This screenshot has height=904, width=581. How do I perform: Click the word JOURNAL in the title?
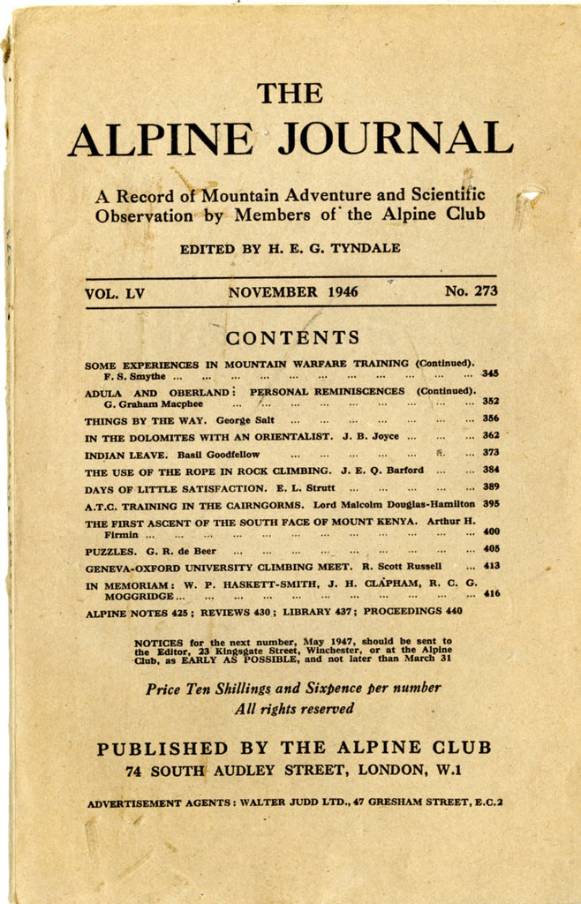[x=395, y=139]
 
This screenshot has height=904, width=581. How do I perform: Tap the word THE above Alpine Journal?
[x=290, y=92]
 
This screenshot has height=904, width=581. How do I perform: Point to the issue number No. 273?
[x=472, y=290]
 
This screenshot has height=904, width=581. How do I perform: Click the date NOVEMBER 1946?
[x=292, y=291]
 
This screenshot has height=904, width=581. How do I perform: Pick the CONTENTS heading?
[x=292, y=337]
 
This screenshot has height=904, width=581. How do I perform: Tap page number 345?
[x=490, y=374]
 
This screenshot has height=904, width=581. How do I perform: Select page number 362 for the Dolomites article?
[x=490, y=435]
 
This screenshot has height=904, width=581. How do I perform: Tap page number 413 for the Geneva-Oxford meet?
[x=491, y=566]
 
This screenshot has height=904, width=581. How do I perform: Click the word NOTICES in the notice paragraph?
[x=159, y=642]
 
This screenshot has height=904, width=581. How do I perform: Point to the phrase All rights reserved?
[x=293, y=708]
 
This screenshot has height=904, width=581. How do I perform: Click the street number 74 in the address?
[x=135, y=771]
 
